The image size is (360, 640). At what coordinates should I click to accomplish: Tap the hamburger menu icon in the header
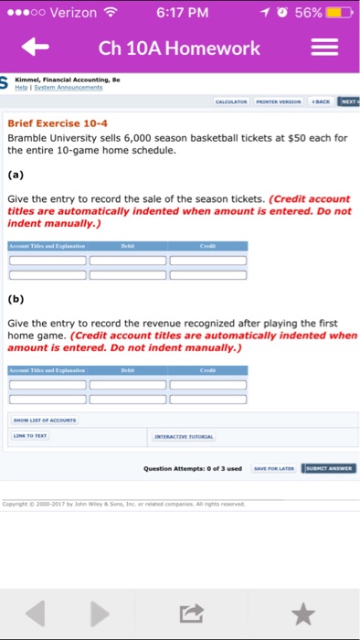[325, 47]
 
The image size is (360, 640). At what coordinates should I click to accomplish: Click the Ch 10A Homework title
[179, 48]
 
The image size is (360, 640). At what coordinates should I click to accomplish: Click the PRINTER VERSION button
[281, 101]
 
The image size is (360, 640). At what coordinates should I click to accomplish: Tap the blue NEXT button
[349, 101]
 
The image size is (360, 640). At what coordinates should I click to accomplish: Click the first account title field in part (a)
[47, 261]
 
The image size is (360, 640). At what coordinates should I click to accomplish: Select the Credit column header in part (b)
[207, 369]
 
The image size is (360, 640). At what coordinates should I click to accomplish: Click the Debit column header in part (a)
[128, 246]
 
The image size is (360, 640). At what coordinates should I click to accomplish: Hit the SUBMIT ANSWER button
[330, 468]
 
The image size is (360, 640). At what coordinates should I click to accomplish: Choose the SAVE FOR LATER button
[274, 468]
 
